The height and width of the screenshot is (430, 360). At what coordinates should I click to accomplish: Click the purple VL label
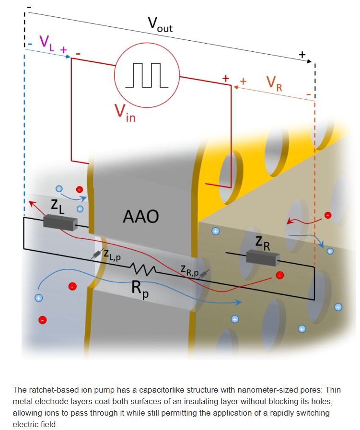46,42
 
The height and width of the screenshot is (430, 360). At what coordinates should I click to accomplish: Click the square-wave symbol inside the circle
147,75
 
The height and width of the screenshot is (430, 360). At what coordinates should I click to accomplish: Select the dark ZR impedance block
262,258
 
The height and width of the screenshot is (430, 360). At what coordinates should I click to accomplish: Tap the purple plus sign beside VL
63,49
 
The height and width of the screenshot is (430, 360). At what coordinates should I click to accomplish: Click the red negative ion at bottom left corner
43,320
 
